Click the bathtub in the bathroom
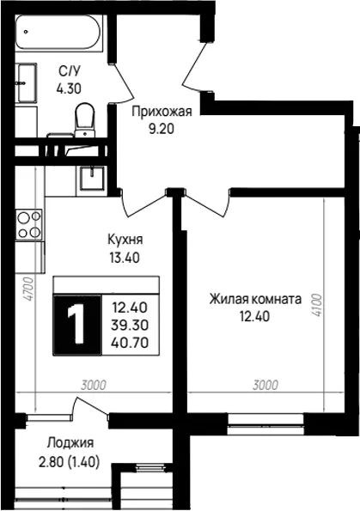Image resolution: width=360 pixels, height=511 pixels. [x=59, y=33]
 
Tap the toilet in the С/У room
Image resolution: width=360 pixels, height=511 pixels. [x=84, y=119]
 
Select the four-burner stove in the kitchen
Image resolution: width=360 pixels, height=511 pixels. [x=29, y=224]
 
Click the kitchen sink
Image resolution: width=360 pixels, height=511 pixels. [x=92, y=178]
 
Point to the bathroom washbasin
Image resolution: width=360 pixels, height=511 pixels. [x=27, y=83]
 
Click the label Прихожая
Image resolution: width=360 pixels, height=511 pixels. [x=162, y=112]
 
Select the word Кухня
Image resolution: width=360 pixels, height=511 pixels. [x=125, y=240]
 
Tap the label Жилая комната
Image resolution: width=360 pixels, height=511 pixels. [x=255, y=299]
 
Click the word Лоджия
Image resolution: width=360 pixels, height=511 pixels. [x=70, y=442]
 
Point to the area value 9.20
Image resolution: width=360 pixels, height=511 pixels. [x=162, y=130]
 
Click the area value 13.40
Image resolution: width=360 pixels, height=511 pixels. [x=125, y=258]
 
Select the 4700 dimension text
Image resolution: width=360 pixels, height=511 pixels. [x=29, y=289]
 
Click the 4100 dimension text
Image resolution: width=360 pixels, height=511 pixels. [x=316, y=306]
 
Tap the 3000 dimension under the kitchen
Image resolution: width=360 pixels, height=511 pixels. [x=94, y=385]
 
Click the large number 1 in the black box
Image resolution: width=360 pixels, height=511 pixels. [x=76, y=325]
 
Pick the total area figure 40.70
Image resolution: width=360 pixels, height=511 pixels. [x=130, y=343]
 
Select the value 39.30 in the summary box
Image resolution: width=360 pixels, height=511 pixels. [x=130, y=325]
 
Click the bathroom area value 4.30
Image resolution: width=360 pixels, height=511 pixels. [x=69, y=88]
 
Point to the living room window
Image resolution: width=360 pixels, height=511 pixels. [x=265, y=423]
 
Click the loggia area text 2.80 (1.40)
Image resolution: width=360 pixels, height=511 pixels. [x=69, y=462]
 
